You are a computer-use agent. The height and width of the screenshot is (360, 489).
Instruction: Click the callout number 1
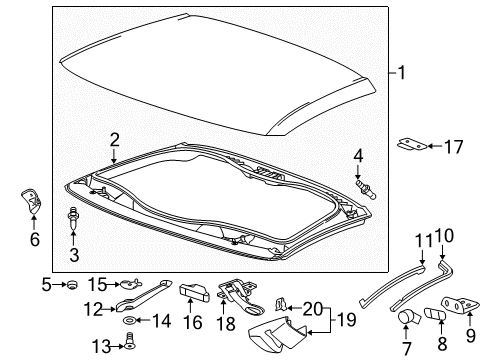tap(402, 72)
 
